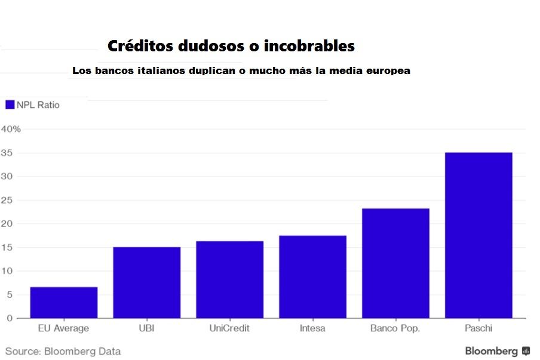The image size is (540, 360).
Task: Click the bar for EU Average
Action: pos(63,303)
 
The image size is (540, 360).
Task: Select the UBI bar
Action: pos(146,282)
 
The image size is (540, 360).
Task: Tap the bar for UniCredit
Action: pos(229,279)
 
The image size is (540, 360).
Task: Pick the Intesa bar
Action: pos(312,277)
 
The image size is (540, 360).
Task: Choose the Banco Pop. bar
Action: pos(395,263)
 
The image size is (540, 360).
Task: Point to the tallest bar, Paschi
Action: pos(478,235)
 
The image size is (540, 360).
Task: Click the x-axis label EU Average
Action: pos(63,328)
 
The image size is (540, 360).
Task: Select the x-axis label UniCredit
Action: pos(229,328)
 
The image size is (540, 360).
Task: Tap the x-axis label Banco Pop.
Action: pos(395,328)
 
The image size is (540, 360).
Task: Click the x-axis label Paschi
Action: pos(478,328)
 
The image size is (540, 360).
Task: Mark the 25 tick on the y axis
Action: pos(7,200)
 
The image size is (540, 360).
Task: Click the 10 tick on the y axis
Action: pos(7,271)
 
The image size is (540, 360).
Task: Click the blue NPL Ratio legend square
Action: pos(9,105)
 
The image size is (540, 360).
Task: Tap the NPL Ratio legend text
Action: pos(38,105)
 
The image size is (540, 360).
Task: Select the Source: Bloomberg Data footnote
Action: pos(63,351)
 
